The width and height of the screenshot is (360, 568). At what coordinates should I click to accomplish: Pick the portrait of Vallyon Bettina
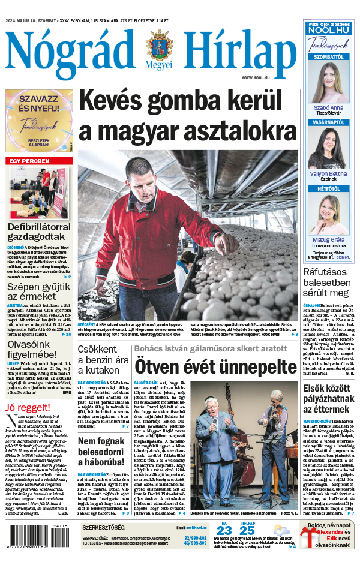[328, 148]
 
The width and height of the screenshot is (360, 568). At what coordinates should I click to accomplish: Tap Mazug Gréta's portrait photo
[328, 214]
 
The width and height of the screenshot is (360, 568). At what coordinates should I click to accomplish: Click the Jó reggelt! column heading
[28, 408]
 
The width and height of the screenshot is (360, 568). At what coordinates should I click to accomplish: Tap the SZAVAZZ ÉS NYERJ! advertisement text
[39, 106]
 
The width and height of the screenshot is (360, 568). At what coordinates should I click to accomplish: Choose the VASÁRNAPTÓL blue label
[328, 122]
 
